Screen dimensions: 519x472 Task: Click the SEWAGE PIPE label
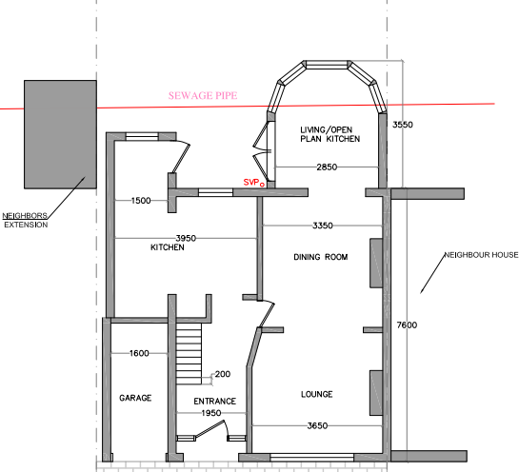(203, 95)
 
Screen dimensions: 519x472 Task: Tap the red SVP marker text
(251, 183)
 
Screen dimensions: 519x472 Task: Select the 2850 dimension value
(327, 167)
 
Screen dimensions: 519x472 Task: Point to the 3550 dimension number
(403, 125)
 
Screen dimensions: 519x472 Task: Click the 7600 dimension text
(407, 325)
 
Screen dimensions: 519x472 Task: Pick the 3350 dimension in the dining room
(323, 226)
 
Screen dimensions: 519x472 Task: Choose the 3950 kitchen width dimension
(186, 238)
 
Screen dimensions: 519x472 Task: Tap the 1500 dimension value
(141, 201)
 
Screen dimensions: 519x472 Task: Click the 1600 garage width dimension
(139, 353)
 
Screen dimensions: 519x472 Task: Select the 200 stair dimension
(223, 374)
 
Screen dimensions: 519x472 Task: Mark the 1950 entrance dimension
(211, 413)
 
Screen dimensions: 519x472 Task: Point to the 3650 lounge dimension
(317, 425)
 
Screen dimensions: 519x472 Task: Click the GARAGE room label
(135, 398)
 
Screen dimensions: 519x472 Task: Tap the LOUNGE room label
(317, 394)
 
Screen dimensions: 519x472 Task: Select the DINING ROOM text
(321, 257)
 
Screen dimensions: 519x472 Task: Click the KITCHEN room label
(168, 247)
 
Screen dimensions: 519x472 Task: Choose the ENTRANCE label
(215, 402)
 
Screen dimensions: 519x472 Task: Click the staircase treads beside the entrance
(189, 354)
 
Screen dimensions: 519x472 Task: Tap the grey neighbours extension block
(60, 134)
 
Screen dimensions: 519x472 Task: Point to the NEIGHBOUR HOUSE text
(481, 255)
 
